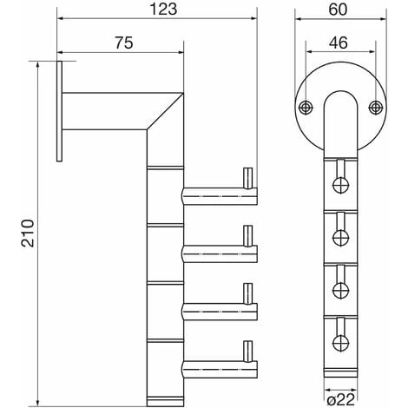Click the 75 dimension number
[x=123, y=43]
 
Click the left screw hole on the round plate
[x=306, y=107]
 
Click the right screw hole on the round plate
[x=375, y=107]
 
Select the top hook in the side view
[x=217, y=194]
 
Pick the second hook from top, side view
[x=217, y=251]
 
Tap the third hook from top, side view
[x=217, y=307]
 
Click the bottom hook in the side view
[x=217, y=364]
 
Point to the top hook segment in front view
[x=340, y=183]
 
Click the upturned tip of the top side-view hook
[x=248, y=179]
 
